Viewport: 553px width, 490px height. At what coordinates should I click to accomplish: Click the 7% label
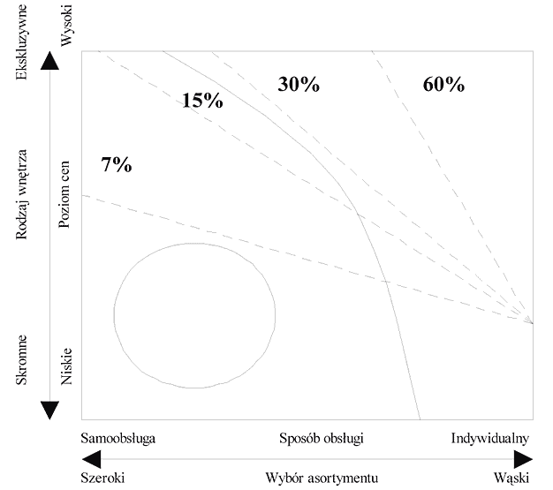(117, 164)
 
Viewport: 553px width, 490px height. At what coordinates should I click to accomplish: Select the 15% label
(202, 100)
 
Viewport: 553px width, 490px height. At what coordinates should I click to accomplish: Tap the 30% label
(299, 84)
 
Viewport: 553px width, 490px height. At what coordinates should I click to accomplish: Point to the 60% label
(443, 85)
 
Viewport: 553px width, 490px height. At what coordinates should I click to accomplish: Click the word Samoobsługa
(117, 438)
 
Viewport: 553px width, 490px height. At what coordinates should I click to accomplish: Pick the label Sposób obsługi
(322, 439)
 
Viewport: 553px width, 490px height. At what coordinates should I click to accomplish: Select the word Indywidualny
(490, 439)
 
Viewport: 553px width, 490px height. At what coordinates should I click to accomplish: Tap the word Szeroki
(102, 478)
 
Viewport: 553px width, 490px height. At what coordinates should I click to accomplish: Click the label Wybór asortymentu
(322, 479)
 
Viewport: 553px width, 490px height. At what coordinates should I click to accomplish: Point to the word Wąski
(511, 479)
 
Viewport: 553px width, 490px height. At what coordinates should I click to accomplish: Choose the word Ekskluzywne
(21, 42)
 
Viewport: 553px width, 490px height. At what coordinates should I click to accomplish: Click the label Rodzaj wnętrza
(21, 194)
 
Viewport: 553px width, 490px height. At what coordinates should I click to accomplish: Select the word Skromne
(21, 360)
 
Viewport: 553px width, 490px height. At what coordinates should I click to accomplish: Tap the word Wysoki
(66, 26)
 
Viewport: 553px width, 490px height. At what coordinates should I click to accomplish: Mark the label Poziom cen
(64, 194)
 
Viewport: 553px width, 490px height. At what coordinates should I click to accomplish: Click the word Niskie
(66, 366)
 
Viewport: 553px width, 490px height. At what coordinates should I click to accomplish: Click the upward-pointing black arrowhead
(49, 60)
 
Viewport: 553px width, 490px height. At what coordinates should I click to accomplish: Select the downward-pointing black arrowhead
(49, 411)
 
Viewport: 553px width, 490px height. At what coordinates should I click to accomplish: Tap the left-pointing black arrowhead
(91, 459)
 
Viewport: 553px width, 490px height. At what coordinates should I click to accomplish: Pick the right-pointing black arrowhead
(523, 459)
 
